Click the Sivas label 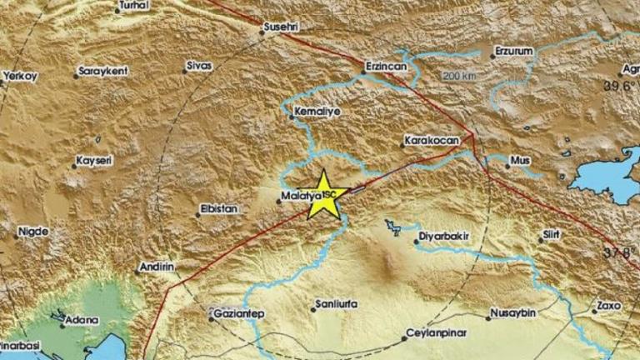[x=200, y=65]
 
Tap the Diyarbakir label [x=442, y=236]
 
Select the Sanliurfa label [x=336, y=304]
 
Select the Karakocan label [x=431, y=141]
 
